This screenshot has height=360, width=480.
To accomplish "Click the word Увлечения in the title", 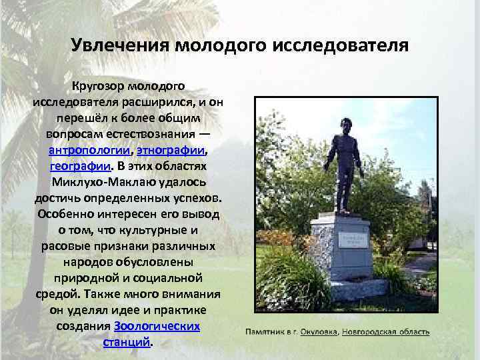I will point(119,46).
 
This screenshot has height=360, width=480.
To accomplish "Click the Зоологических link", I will point(157,327).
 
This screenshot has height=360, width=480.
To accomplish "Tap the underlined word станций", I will point(126,343).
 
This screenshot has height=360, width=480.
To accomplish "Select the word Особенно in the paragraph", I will point(69,214).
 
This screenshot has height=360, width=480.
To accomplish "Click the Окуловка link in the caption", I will point(318,331).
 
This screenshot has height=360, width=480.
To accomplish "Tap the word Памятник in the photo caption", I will point(266,331).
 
